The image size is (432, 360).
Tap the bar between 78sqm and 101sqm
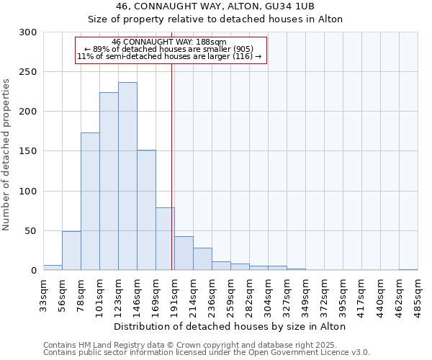pos(90,202)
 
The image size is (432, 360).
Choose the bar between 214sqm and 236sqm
pos(202,259)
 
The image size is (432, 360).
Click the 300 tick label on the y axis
pos(29,32)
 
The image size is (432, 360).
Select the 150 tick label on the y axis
pos(29,151)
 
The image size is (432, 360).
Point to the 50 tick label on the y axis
pos(32,231)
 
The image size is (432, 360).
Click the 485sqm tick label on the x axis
pos(418,292)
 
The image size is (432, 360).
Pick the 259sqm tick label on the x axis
pos(231,292)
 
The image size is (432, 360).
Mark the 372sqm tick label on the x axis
pos(325,292)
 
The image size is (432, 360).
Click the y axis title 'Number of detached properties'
pos(7,155)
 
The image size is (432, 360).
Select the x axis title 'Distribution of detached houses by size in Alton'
pos(230,326)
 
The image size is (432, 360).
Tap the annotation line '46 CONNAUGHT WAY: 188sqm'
pos(170,42)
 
